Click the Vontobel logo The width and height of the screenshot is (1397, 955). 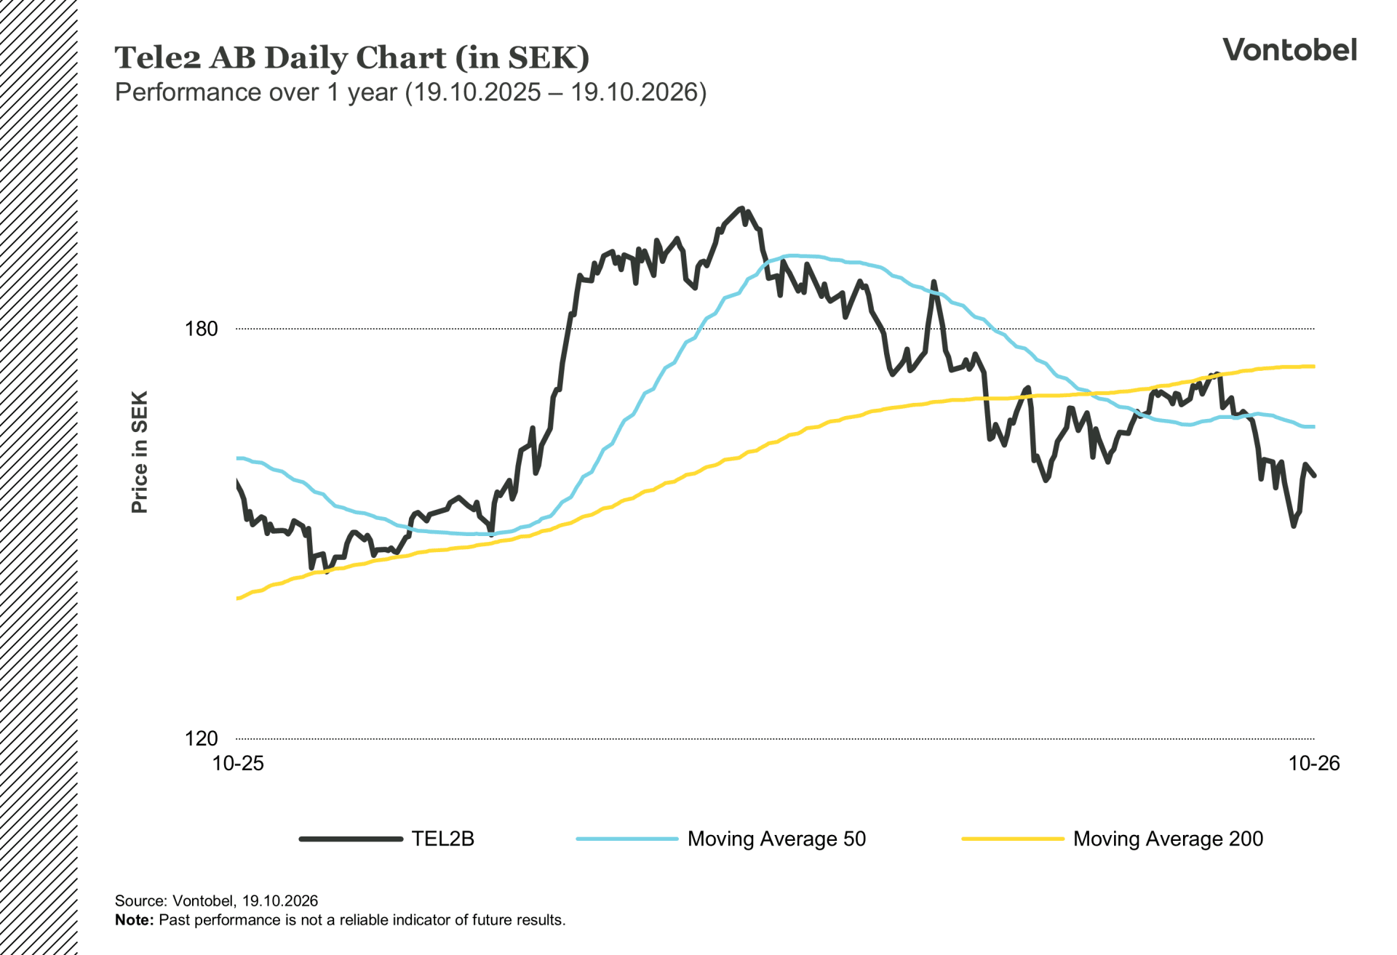[x=1289, y=49]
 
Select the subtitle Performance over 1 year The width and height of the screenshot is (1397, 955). [x=256, y=92]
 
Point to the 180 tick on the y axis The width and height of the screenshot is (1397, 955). [x=202, y=329]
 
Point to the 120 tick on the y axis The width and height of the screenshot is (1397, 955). [x=202, y=738]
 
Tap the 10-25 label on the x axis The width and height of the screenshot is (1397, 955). [x=238, y=763]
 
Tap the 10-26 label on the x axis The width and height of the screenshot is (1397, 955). [x=1314, y=763]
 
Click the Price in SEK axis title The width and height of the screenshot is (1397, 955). [x=139, y=452]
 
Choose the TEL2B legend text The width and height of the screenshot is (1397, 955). [x=442, y=839]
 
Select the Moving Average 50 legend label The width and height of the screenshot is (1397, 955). [x=776, y=839]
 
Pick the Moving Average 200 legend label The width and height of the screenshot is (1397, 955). [x=1168, y=839]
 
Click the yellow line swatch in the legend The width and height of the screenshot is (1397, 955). [x=1013, y=839]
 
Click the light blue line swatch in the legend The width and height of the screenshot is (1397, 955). [x=627, y=839]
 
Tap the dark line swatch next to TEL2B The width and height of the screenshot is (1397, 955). [x=351, y=839]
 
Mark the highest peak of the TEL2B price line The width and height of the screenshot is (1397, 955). [x=741, y=209]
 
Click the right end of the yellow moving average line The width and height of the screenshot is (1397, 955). [x=1314, y=367]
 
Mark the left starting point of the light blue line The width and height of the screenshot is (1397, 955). [x=238, y=458]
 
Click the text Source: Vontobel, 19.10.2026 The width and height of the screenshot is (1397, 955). [x=216, y=900]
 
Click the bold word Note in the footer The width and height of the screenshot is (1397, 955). [x=134, y=920]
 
